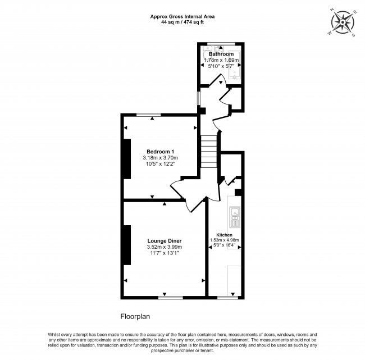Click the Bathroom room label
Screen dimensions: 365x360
[x=221, y=54]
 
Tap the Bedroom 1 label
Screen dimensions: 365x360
[x=160, y=152]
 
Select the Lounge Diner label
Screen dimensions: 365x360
[x=165, y=241]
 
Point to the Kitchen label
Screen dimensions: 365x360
[x=224, y=235]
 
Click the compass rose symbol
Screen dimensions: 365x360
[x=343, y=22]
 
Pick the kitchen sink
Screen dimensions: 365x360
[x=235, y=217]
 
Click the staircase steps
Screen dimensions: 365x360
[x=209, y=152]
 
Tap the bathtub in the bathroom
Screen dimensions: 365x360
[x=234, y=65]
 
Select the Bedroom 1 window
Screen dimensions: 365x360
[x=148, y=115]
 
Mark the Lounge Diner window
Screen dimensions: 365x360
[x=171, y=298]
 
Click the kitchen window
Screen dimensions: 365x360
[x=227, y=298]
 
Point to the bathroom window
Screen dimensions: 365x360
[x=221, y=44]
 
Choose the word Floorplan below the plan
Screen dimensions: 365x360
[x=135, y=317]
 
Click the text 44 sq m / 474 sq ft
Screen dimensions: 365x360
[x=182, y=22]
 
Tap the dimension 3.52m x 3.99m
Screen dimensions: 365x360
[x=165, y=247]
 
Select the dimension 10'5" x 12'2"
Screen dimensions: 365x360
[x=160, y=164]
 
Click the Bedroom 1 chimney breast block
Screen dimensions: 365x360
[x=127, y=159]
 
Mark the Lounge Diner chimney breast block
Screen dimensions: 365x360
[x=127, y=245]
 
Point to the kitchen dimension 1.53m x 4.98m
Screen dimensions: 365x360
[x=225, y=240]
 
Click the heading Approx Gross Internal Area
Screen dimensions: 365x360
[x=182, y=16]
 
